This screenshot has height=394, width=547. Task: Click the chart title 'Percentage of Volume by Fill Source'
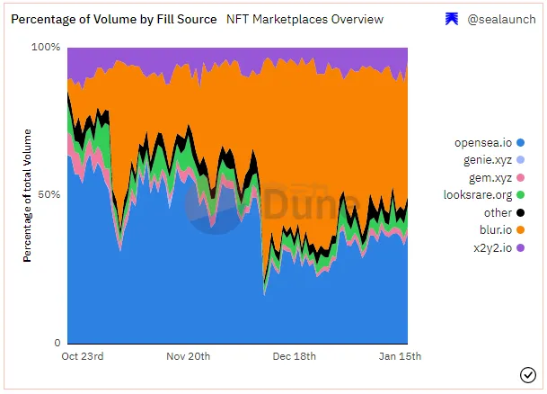click(x=113, y=19)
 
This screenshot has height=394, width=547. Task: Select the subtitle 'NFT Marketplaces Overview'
click(x=305, y=19)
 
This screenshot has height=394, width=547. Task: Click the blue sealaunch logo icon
click(x=452, y=19)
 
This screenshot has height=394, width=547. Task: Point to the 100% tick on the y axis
click(x=46, y=47)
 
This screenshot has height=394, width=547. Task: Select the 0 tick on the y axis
click(x=57, y=343)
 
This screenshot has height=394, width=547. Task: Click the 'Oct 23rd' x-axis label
click(x=83, y=356)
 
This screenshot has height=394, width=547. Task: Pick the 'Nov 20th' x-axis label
click(x=188, y=356)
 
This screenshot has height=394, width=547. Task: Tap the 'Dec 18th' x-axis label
click(x=294, y=356)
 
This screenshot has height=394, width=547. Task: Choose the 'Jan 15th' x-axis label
click(x=399, y=356)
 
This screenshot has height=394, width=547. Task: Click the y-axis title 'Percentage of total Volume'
click(x=28, y=194)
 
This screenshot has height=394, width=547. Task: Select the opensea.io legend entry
click(x=483, y=143)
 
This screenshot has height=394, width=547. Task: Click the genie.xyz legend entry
click(x=483, y=160)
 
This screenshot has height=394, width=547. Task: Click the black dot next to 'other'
click(x=520, y=213)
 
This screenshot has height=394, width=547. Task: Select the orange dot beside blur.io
click(x=520, y=230)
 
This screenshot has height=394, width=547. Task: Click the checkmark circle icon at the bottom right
click(x=527, y=374)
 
